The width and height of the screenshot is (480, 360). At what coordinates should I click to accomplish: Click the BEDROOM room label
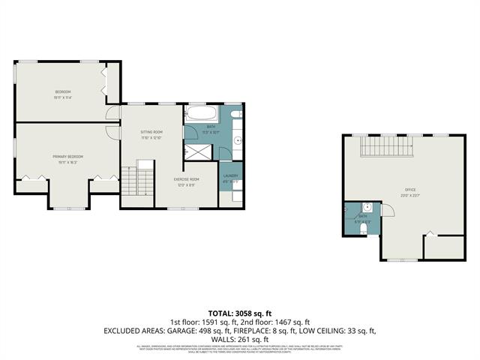tap(61, 91)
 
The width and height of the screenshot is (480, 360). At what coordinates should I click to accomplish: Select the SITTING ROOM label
tap(152, 131)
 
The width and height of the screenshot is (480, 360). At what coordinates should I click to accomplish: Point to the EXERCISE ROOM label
tap(186, 179)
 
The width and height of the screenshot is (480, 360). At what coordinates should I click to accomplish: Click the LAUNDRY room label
tap(230, 175)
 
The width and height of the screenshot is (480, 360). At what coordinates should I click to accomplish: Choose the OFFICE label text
tap(409, 190)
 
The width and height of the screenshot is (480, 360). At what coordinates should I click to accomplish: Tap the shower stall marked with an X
tap(197, 150)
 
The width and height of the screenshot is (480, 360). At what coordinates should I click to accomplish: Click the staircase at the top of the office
tap(387, 146)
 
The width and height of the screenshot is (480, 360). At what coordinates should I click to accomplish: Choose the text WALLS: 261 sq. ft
tap(239, 339)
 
